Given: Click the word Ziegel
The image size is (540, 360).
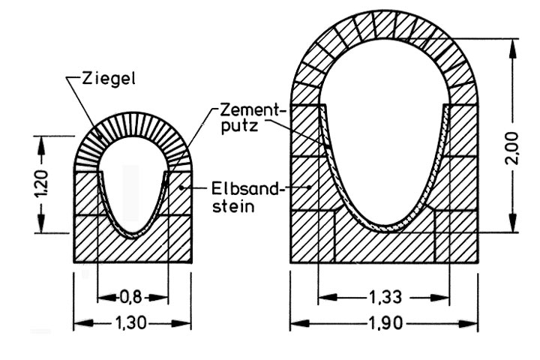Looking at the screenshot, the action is [109, 79].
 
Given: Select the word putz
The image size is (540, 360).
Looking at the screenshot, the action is [240, 126].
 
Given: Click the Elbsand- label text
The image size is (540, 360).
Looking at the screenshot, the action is [246, 189].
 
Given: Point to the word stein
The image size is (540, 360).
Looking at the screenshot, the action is [233, 206].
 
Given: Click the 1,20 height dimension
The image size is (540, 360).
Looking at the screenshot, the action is [41, 184].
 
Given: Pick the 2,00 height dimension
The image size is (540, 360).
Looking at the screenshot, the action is [512, 148].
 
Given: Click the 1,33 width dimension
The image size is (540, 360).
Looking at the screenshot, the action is [385, 297].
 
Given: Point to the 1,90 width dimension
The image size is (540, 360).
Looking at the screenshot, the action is [385, 323].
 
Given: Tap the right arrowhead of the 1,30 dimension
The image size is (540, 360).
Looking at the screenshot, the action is [181, 323].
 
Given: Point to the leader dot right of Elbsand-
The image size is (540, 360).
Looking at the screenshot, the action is [310, 187].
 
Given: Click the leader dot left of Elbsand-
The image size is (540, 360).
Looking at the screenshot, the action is [181, 187].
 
